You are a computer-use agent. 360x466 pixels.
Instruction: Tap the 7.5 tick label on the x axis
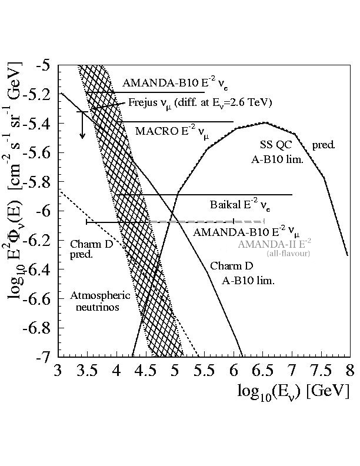(x=321, y=371)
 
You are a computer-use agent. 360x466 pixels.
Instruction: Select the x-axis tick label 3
(x=58, y=371)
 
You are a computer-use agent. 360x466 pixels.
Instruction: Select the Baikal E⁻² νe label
(x=241, y=205)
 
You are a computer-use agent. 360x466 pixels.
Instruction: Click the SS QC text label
(x=274, y=145)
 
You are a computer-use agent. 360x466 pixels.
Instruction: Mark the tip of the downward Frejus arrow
(x=82, y=137)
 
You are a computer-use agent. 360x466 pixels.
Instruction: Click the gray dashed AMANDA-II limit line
(x=206, y=222)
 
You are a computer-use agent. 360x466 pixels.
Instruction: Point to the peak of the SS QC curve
(x=265, y=122)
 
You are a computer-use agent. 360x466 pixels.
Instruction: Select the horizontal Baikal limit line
(x=206, y=194)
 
